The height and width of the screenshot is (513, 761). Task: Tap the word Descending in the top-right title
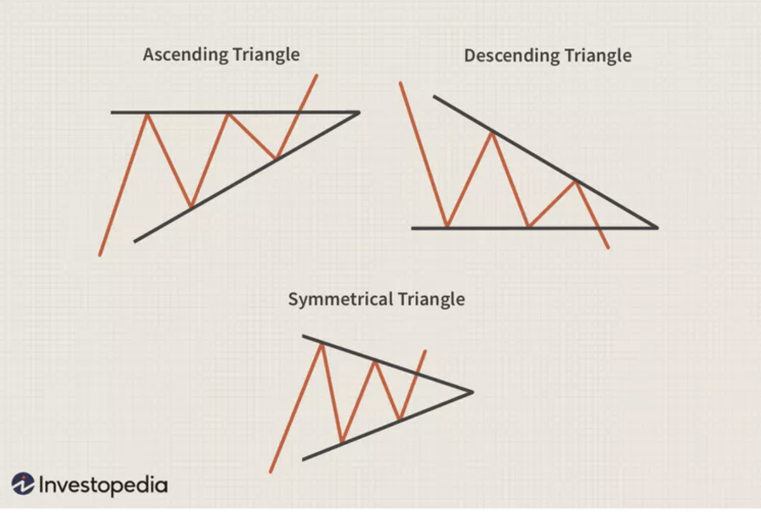504,56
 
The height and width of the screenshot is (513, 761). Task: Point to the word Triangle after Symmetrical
431,299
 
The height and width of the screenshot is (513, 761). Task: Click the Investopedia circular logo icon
23,484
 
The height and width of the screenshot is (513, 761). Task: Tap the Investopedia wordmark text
103,484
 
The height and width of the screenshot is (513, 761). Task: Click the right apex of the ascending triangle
359,112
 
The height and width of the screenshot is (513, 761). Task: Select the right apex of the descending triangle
657,227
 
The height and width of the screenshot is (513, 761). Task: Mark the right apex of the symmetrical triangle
472,391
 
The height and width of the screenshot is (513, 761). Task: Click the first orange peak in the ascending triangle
148,114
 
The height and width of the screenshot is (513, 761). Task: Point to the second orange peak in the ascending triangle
228,114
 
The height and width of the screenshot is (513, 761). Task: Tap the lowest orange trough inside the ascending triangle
191,207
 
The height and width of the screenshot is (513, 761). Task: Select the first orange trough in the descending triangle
447,226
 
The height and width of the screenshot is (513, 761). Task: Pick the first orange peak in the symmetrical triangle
320,344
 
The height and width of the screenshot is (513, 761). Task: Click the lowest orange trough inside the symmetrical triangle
342,442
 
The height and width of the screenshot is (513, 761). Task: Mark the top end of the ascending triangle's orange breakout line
316,76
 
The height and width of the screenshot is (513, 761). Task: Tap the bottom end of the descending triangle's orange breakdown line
608,248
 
